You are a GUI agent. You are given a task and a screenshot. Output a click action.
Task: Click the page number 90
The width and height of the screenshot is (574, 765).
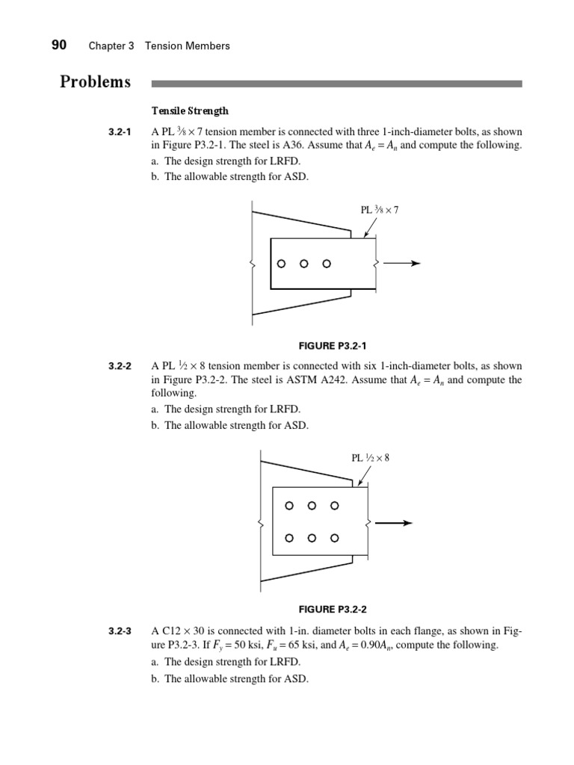tap(59, 46)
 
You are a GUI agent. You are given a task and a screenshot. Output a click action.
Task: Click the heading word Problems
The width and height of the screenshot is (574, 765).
tap(95, 82)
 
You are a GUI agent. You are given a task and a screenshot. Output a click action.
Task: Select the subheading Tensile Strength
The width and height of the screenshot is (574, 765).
tap(190, 111)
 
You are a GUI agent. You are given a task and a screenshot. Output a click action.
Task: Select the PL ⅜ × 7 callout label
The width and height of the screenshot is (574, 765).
tap(380, 210)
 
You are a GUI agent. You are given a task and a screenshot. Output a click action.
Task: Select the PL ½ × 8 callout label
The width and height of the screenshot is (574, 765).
tap(371, 457)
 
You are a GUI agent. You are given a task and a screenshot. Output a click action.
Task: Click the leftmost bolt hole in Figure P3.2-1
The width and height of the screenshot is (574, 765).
tap(281, 264)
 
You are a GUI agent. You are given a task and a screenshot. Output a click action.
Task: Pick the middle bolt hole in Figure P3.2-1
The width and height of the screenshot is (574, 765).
tap(303, 264)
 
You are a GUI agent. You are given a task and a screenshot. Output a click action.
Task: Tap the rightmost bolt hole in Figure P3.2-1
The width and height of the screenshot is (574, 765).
tap(326, 264)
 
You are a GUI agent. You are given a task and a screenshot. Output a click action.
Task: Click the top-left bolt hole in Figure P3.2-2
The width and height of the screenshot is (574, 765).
tap(290, 506)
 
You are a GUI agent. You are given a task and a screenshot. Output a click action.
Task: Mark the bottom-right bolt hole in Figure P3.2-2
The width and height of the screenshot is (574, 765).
tap(335, 538)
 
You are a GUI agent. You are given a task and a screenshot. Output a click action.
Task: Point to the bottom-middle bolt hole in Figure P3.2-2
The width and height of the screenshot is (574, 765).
tap(312, 538)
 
